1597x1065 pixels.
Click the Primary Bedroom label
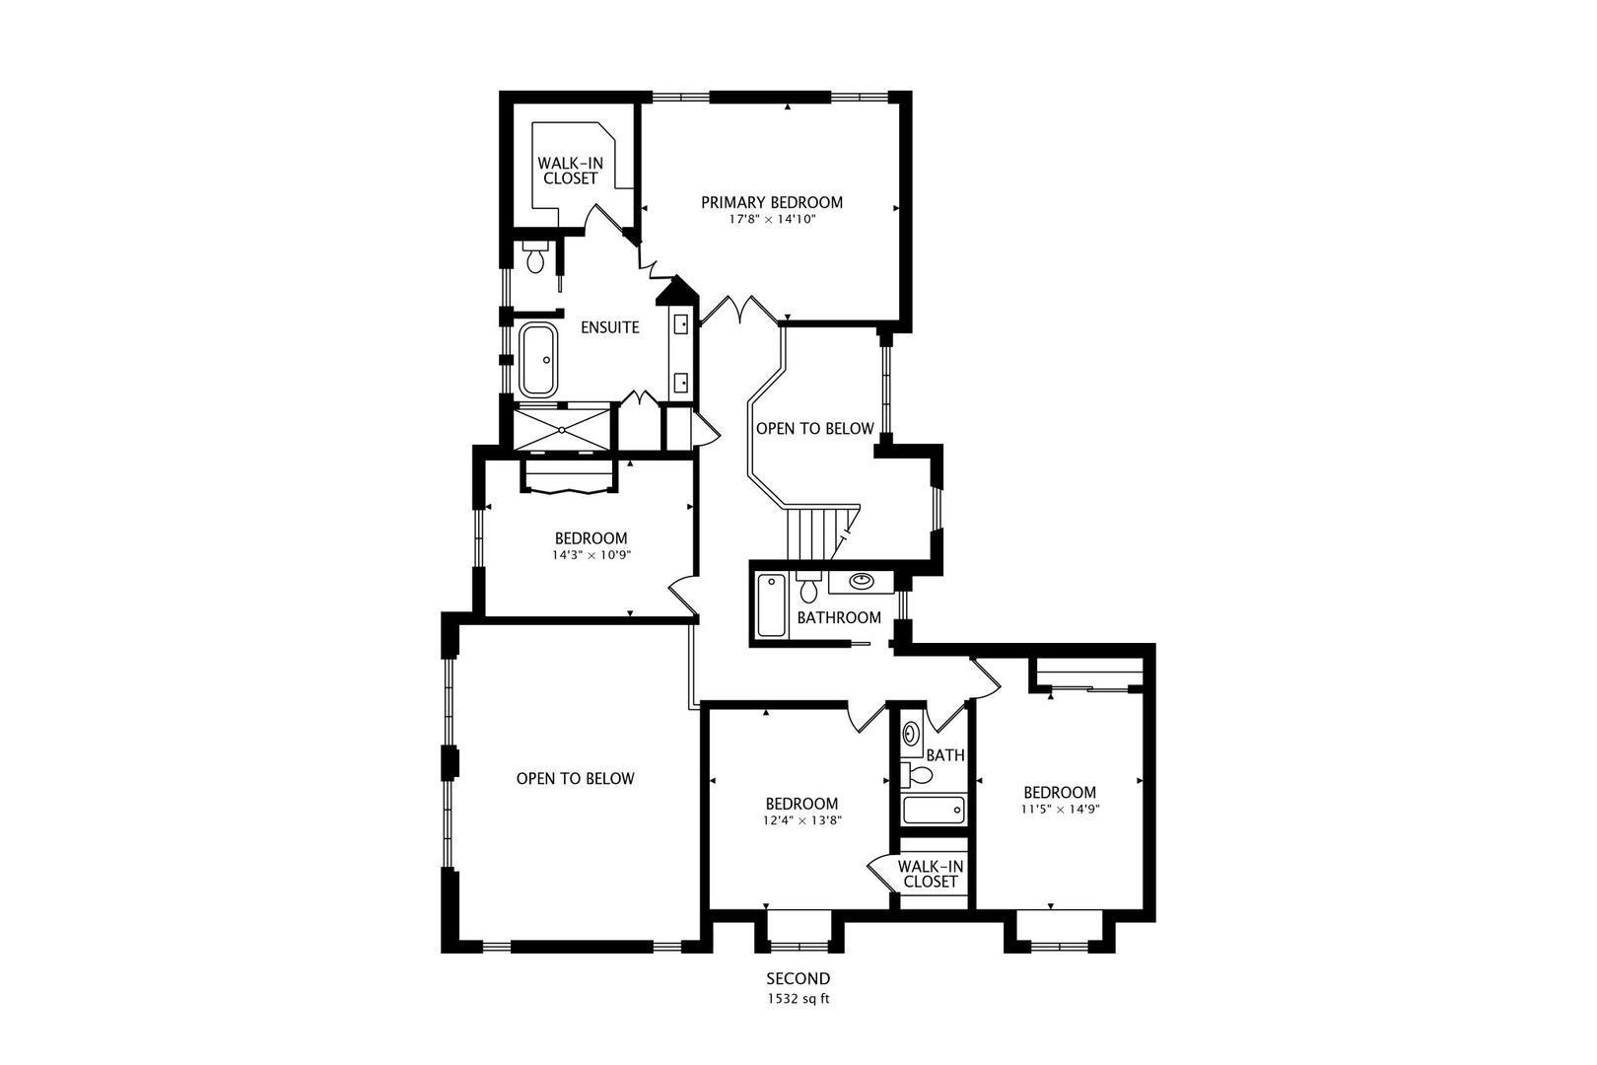[x=772, y=202]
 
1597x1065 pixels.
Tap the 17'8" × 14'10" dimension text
[x=772, y=220]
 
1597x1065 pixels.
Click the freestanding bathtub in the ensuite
[x=537, y=360]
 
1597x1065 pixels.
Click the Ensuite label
[x=609, y=327]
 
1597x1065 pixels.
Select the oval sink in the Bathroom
[x=862, y=581]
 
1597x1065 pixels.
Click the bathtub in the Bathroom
[x=770, y=605]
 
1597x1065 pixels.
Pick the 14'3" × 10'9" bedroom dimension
[x=590, y=555]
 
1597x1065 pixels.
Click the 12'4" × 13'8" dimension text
[x=802, y=820]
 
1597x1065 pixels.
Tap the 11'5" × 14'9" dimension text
[x=1060, y=809]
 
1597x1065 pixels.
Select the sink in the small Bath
[x=912, y=734]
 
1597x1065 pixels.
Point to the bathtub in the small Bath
[x=933, y=812]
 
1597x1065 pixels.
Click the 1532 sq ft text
[x=798, y=998]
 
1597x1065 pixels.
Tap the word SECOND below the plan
[x=798, y=979]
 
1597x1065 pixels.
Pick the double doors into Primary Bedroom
[x=739, y=309]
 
